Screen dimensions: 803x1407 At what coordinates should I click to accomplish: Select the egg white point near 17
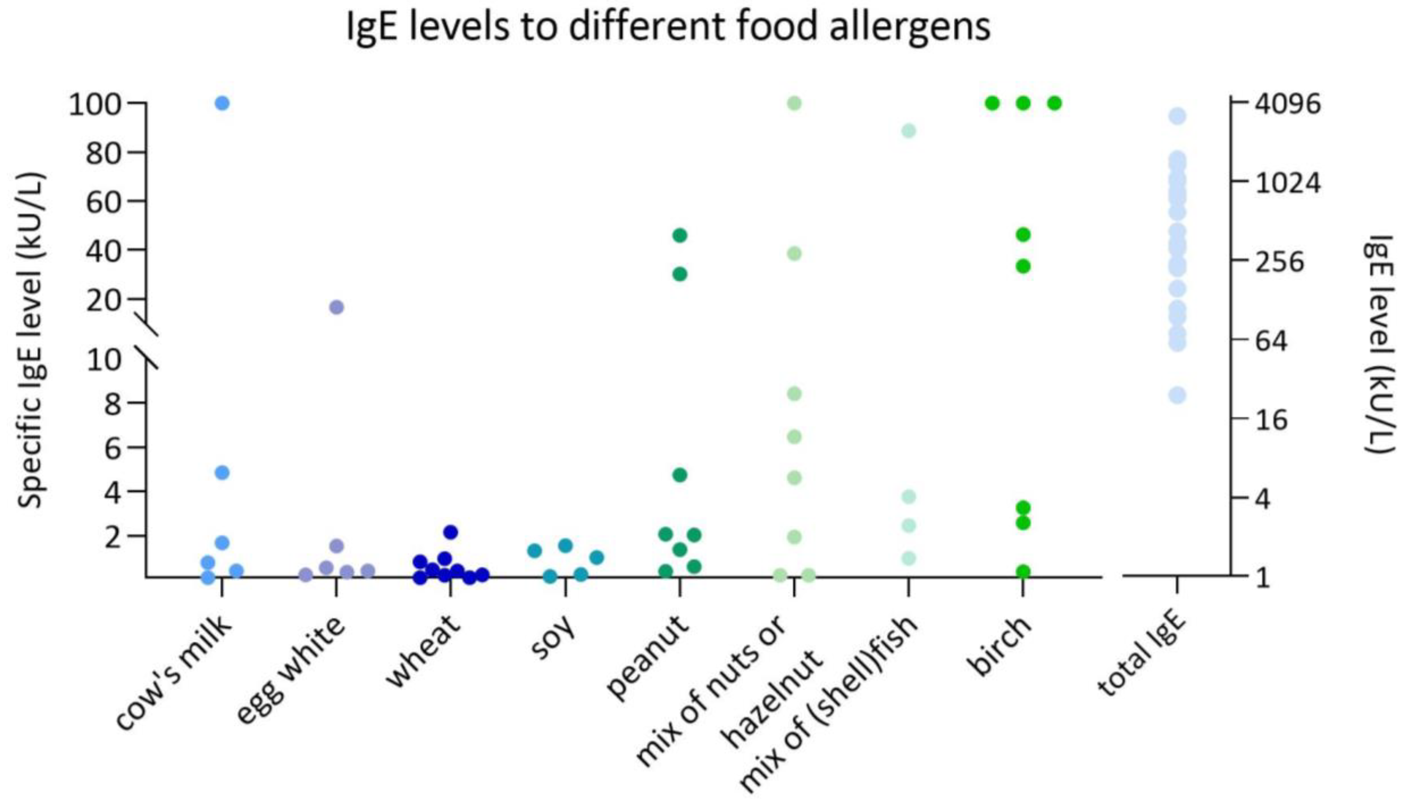[x=337, y=307]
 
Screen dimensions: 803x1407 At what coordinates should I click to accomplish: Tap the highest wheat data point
[x=451, y=532]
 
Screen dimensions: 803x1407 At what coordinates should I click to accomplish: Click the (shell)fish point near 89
[x=908, y=131]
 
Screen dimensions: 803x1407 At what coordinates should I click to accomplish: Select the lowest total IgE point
[x=1177, y=395]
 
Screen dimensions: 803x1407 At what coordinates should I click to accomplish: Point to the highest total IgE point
[x=1177, y=116]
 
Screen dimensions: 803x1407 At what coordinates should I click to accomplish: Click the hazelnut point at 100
[x=794, y=103]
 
